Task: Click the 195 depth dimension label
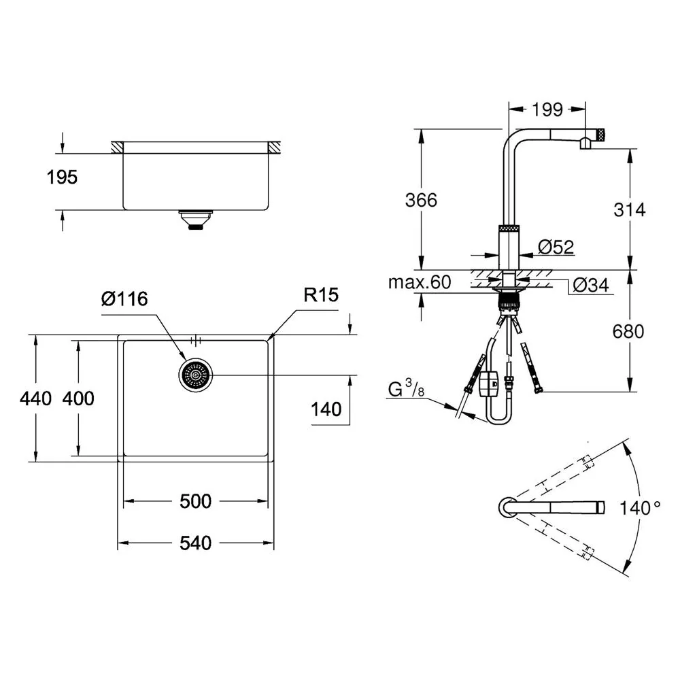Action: pos(62,177)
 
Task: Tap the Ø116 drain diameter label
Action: pos(124,299)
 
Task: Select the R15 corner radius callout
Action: pos(321,295)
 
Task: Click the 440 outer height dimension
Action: pos(35,398)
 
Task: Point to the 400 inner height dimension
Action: pos(78,398)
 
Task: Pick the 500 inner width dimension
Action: pos(196,501)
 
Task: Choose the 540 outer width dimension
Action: pos(196,543)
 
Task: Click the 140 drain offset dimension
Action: pos(326,409)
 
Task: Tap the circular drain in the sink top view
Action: pos(196,375)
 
